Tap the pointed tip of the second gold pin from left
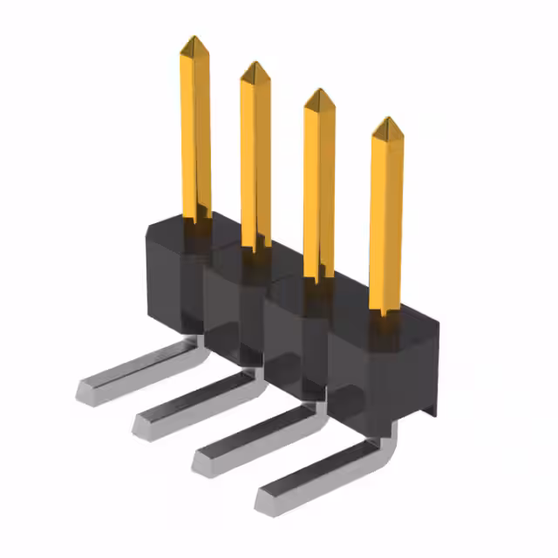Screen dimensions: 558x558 coord(254,65)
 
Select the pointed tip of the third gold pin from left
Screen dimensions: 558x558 coord(319,92)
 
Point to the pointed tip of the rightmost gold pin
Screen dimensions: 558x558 coord(387,120)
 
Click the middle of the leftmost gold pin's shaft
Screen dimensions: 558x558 coord(195,131)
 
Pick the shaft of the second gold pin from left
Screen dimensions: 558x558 coord(255,157)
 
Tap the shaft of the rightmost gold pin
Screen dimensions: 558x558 coord(386,218)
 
